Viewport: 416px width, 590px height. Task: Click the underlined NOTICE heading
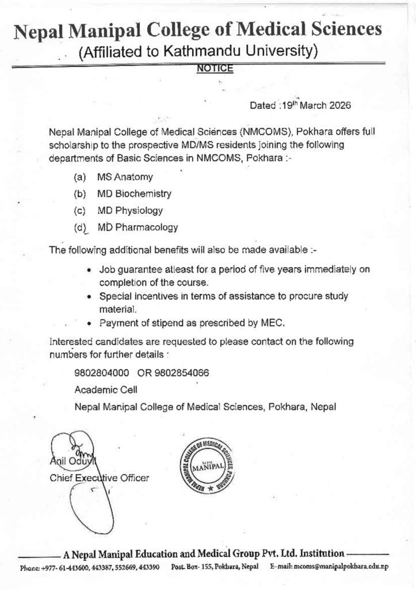[215, 69]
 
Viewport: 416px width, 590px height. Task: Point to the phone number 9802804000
[102, 373]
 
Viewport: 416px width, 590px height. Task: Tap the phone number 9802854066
[181, 373]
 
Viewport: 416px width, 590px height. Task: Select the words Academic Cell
[106, 389]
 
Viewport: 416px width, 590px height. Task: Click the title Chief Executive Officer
[100, 478]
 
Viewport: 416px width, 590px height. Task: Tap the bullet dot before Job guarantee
[89, 269]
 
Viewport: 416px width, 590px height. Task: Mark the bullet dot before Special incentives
[89, 297]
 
